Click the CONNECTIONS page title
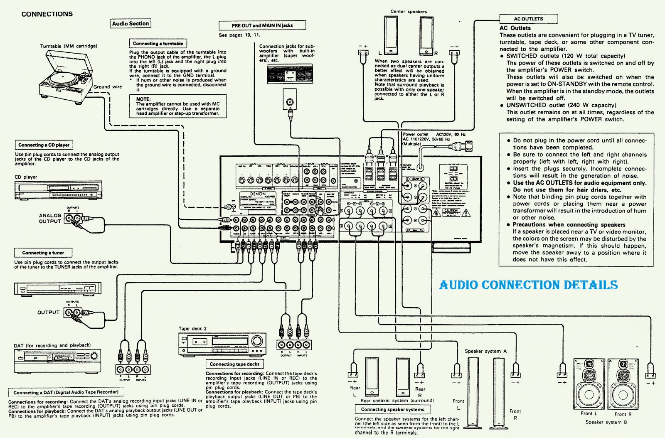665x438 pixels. tap(47, 14)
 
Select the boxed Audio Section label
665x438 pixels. tap(131, 24)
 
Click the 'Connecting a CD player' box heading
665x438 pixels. tap(44, 145)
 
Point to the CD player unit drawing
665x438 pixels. tap(58, 190)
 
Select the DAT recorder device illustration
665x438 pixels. tap(57, 361)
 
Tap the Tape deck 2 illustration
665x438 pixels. tap(222, 344)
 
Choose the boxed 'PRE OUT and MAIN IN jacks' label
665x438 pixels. tap(262, 25)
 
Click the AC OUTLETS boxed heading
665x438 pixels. tap(528, 19)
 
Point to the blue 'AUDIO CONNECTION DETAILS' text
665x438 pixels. tap(528, 285)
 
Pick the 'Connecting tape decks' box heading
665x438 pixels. tap(234, 364)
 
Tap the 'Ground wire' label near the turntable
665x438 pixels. tap(108, 87)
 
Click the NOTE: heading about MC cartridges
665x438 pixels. tap(143, 99)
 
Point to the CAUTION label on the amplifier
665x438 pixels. tap(451, 211)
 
